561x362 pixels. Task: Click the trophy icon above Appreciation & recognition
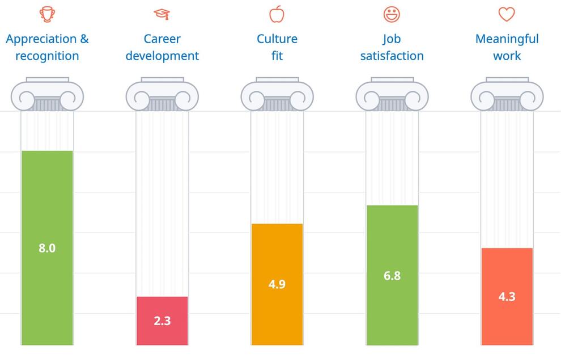tap(47, 14)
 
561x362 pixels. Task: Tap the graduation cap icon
tap(162, 14)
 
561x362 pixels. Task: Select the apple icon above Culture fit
tap(277, 14)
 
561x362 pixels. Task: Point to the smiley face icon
tap(392, 14)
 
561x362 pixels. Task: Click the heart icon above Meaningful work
tap(506, 14)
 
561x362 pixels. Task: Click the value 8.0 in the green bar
tap(47, 248)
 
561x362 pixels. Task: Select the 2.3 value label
tap(162, 321)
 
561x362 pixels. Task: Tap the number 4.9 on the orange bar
tap(277, 284)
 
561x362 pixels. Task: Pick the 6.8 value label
tap(392, 276)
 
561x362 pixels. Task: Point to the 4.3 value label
tap(507, 297)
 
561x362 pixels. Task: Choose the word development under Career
tap(162, 56)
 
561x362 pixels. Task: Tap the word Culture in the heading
tap(277, 39)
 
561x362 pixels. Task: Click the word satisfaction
tap(392, 56)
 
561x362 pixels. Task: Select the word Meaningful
tap(507, 39)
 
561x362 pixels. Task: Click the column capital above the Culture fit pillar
tap(277, 95)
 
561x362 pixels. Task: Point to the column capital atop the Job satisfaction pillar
tap(392, 95)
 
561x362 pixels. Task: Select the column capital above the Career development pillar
tap(162, 95)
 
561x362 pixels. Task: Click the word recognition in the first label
tap(47, 56)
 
